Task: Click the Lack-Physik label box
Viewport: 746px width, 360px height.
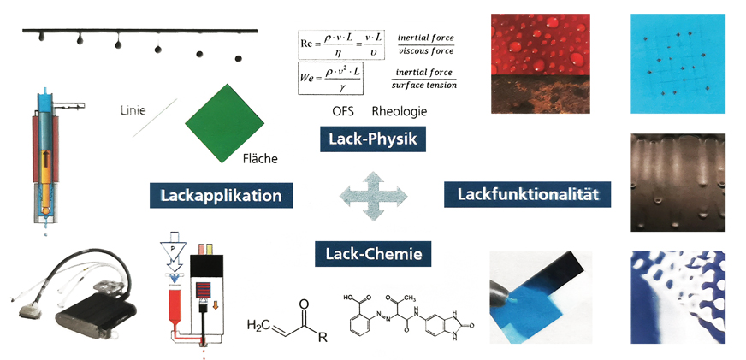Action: coord(372,139)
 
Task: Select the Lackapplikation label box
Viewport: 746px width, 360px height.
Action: coord(221,195)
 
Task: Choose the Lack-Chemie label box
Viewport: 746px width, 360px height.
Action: coord(373,252)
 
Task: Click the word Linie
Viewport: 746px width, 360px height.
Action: coord(135,109)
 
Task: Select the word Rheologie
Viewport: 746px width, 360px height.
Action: coord(400,112)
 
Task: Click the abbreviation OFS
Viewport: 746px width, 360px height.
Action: coord(343,112)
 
